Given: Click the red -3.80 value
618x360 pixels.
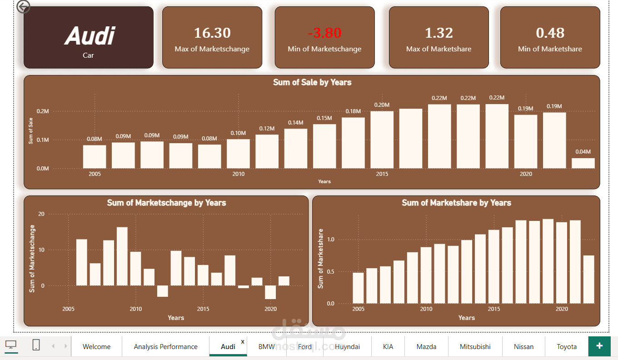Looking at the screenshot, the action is (324, 33).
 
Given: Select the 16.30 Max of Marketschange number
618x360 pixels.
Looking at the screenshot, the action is (212, 33).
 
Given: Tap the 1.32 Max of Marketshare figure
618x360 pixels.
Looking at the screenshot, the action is (439, 33).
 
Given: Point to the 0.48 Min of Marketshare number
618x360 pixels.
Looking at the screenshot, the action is (550, 33).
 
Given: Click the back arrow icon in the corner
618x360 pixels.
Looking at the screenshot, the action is (23, 7).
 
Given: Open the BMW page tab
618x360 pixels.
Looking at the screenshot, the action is (266, 346).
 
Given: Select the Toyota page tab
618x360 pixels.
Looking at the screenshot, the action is (567, 346).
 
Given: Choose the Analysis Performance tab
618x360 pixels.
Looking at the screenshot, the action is (165, 346).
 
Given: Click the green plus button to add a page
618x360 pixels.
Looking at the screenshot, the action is (599, 346).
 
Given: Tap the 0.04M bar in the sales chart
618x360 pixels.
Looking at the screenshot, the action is (583, 163).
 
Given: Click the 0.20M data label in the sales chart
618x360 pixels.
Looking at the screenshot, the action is (382, 105).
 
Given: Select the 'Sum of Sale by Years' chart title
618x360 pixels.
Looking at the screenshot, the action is (312, 82).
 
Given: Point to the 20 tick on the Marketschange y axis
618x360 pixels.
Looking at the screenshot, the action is (41, 214).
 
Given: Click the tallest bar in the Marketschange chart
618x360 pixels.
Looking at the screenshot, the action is (122, 256).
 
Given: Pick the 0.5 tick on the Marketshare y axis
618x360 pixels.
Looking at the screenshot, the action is (330, 272).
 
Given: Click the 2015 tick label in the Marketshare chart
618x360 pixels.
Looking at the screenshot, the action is (494, 309).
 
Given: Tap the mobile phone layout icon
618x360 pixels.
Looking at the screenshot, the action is (36, 345).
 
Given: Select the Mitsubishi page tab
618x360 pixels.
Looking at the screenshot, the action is (475, 346).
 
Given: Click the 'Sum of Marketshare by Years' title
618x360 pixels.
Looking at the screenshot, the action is (456, 203).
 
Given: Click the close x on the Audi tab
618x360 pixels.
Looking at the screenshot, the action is (243, 341).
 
